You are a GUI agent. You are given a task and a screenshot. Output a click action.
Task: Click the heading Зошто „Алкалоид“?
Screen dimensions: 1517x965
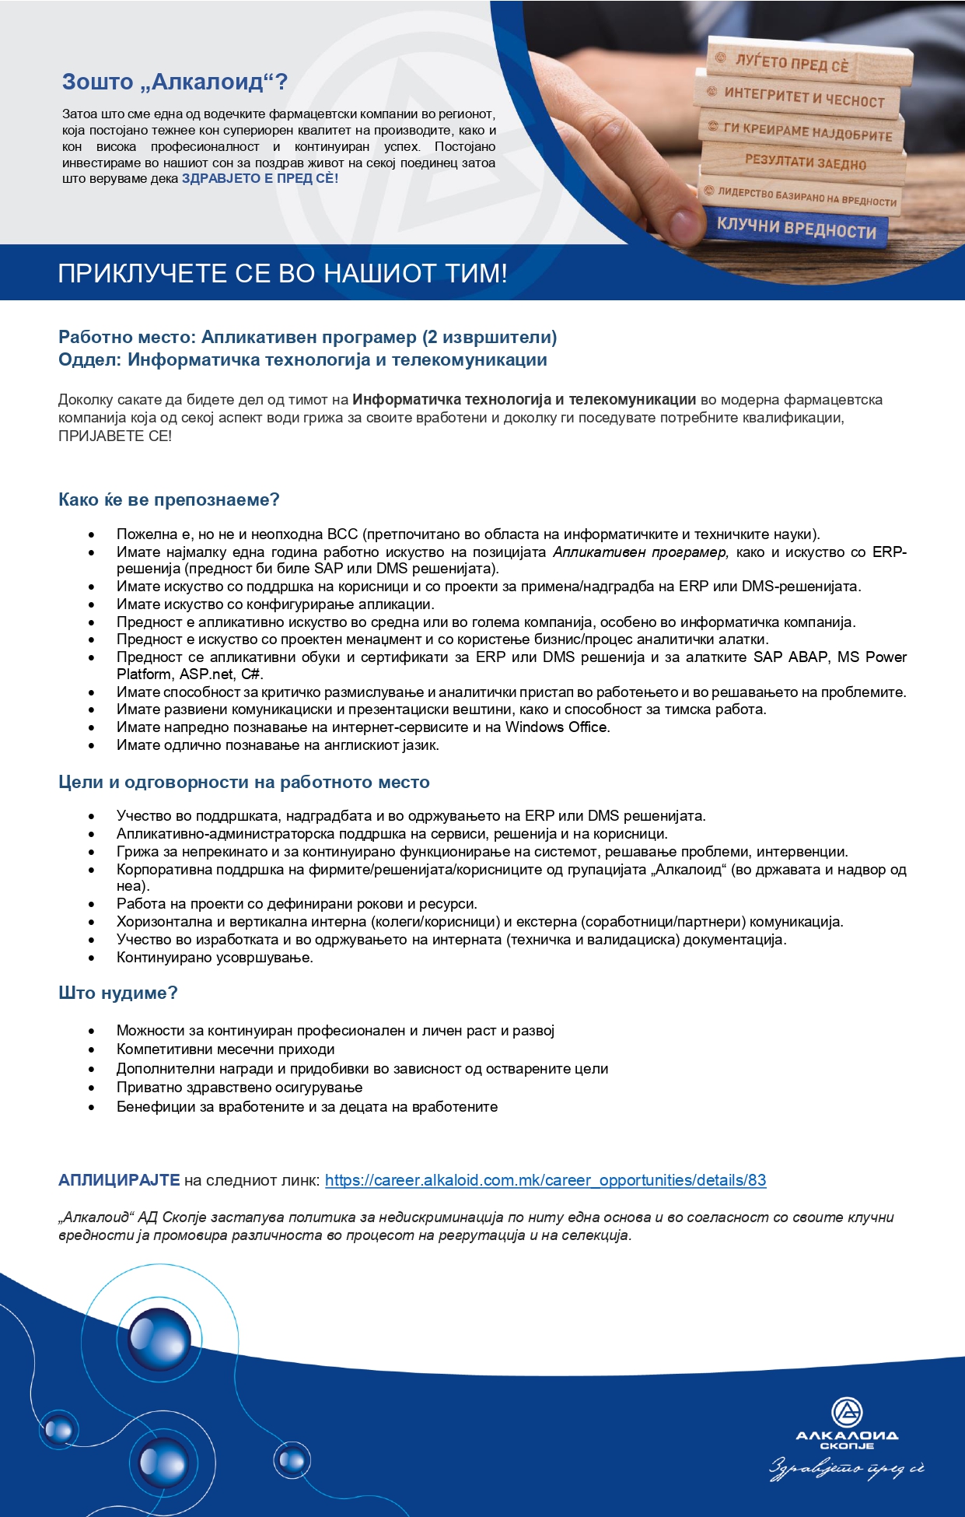[175, 82]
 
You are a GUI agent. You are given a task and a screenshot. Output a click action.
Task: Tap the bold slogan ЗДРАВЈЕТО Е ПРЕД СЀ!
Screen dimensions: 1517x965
[260, 178]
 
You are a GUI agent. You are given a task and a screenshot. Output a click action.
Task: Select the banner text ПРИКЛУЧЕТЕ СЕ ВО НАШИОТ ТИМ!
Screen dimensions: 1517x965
[282, 274]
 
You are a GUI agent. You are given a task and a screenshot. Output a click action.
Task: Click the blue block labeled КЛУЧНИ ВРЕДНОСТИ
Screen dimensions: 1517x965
[795, 227]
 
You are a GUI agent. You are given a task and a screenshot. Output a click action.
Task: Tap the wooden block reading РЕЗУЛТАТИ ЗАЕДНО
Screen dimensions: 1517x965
[805, 162]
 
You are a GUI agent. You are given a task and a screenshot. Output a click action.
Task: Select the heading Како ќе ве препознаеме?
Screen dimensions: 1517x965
[169, 499]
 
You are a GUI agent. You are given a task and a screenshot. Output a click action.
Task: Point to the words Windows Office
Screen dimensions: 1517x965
[557, 727]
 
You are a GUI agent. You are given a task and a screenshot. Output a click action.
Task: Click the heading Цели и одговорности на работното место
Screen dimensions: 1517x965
[244, 782]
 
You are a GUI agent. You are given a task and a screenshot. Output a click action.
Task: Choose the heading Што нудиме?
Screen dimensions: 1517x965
[118, 993]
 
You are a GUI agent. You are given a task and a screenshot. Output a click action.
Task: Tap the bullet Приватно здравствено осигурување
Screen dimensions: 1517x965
[240, 1087]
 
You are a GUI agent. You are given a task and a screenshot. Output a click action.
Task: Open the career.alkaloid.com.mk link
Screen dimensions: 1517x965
[545, 1179]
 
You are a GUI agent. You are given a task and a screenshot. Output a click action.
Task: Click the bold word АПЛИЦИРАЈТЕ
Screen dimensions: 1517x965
[119, 1179]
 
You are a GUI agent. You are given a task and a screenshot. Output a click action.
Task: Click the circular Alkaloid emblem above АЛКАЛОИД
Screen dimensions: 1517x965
[847, 1411]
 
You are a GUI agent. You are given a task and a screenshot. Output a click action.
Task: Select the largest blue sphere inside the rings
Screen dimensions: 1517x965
[159, 1338]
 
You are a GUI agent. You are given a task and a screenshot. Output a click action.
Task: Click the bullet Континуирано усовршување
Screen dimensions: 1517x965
[215, 957]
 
